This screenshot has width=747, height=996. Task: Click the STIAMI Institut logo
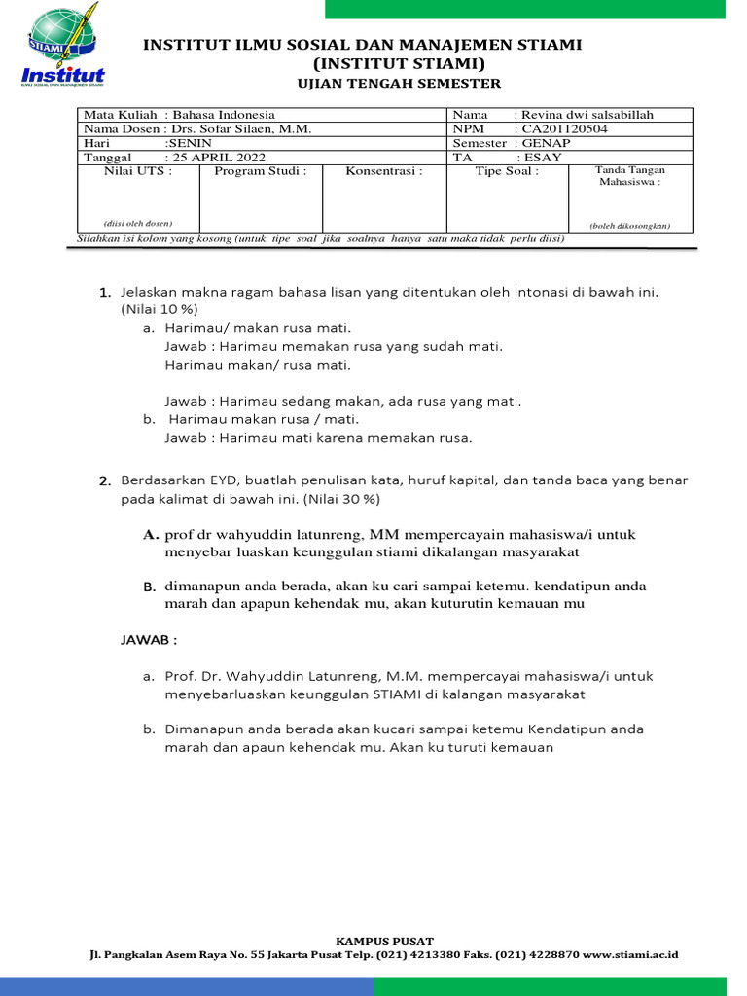[x=63, y=48]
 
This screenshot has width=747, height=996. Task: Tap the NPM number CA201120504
[x=569, y=128]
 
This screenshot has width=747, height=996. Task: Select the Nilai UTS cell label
[x=138, y=171]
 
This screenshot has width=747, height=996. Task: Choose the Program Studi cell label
[x=260, y=171]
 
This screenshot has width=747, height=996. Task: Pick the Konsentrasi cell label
[x=384, y=171]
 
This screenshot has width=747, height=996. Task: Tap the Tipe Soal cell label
[x=507, y=171]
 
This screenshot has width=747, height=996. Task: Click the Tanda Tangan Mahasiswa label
[x=630, y=176]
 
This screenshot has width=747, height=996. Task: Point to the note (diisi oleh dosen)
[x=138, y=224]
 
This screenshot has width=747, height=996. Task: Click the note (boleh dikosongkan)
[x=630, y=226]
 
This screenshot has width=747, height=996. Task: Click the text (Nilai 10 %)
[x=160, y=309]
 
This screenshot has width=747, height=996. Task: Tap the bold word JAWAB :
[x=149, y=641]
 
